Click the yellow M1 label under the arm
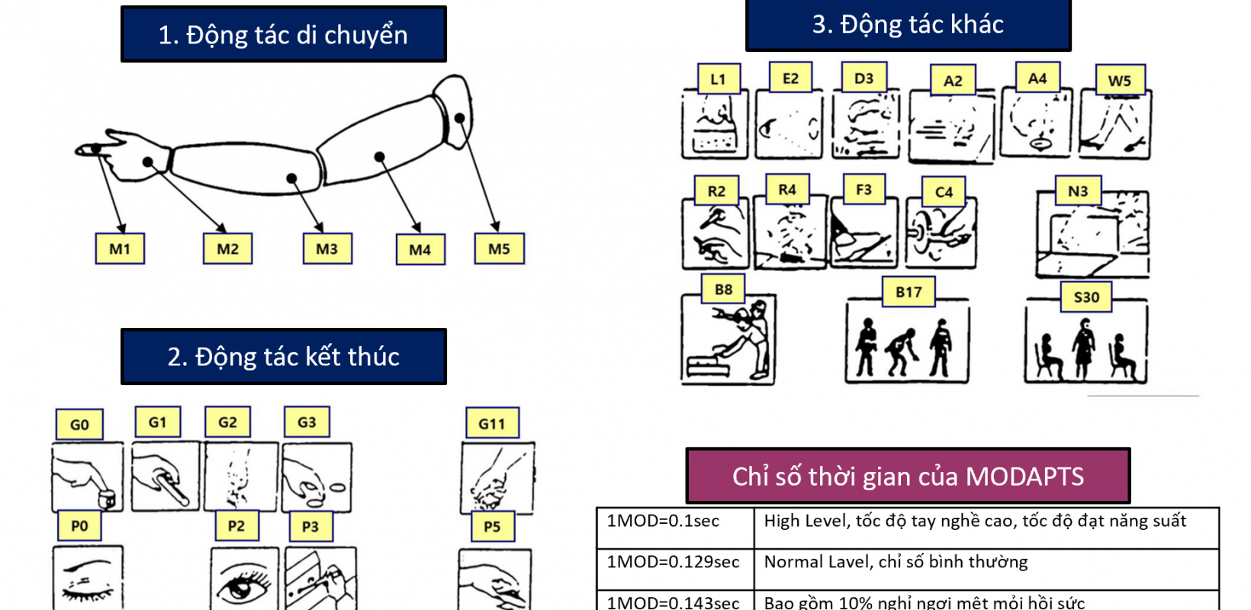click(120, 249)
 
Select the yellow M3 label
click(327, 249)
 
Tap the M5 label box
click(499, 249)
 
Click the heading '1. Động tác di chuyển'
click(283, 35)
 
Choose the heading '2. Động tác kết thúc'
click(283, 357)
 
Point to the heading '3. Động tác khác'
click(908, 24)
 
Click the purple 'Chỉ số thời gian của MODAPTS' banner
click(908, 477)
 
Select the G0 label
click(79, 425)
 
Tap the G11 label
click(492, 423)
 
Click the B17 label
click(909, 292)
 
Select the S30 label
click(1086, 297)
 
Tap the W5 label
click(1120, 81)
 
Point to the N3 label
click(1078, 191)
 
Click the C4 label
click(944, 192)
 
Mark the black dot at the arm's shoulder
click(460, 118)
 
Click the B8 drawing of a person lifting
click(728, 342)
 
